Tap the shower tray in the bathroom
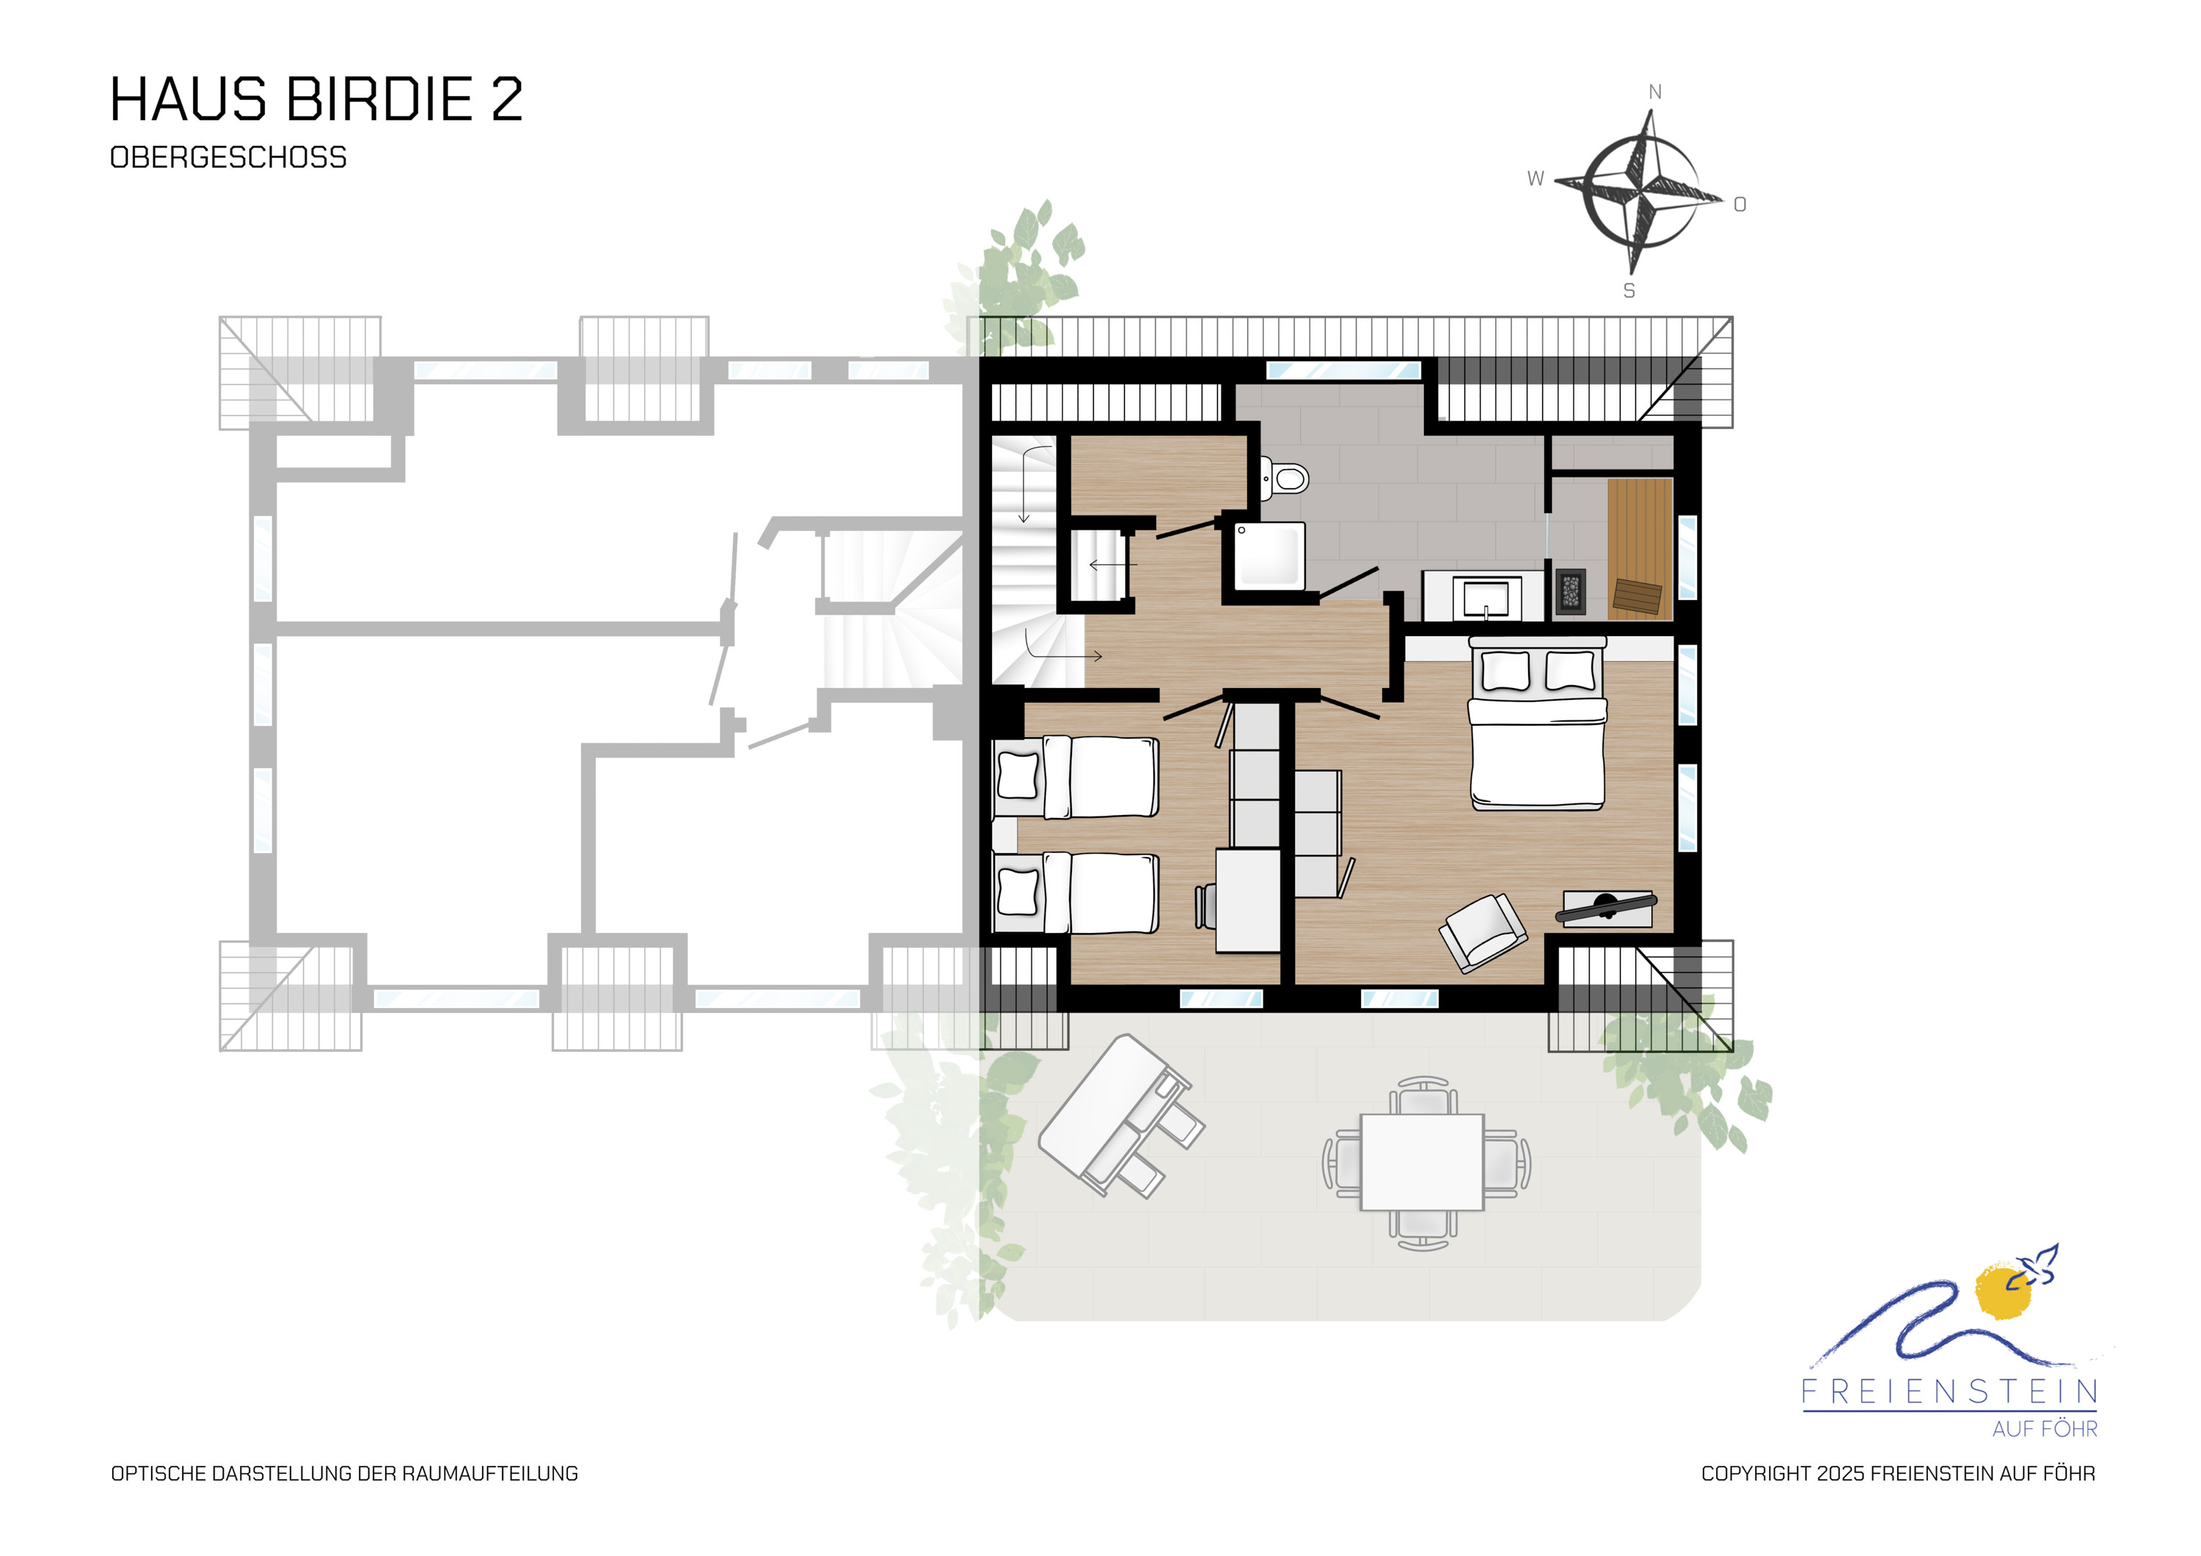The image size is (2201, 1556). (1269, 556)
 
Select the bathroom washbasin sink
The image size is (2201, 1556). (1481, 596)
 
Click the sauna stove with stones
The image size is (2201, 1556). (1570, 591)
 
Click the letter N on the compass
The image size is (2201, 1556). (1654, 92)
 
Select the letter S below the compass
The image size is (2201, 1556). (1629, 291)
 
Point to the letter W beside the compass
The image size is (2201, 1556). (1536, 178)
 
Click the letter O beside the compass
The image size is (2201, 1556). (1740, 204)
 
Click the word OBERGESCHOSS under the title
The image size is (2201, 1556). (228, 157)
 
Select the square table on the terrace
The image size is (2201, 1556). (1423, 1162)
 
